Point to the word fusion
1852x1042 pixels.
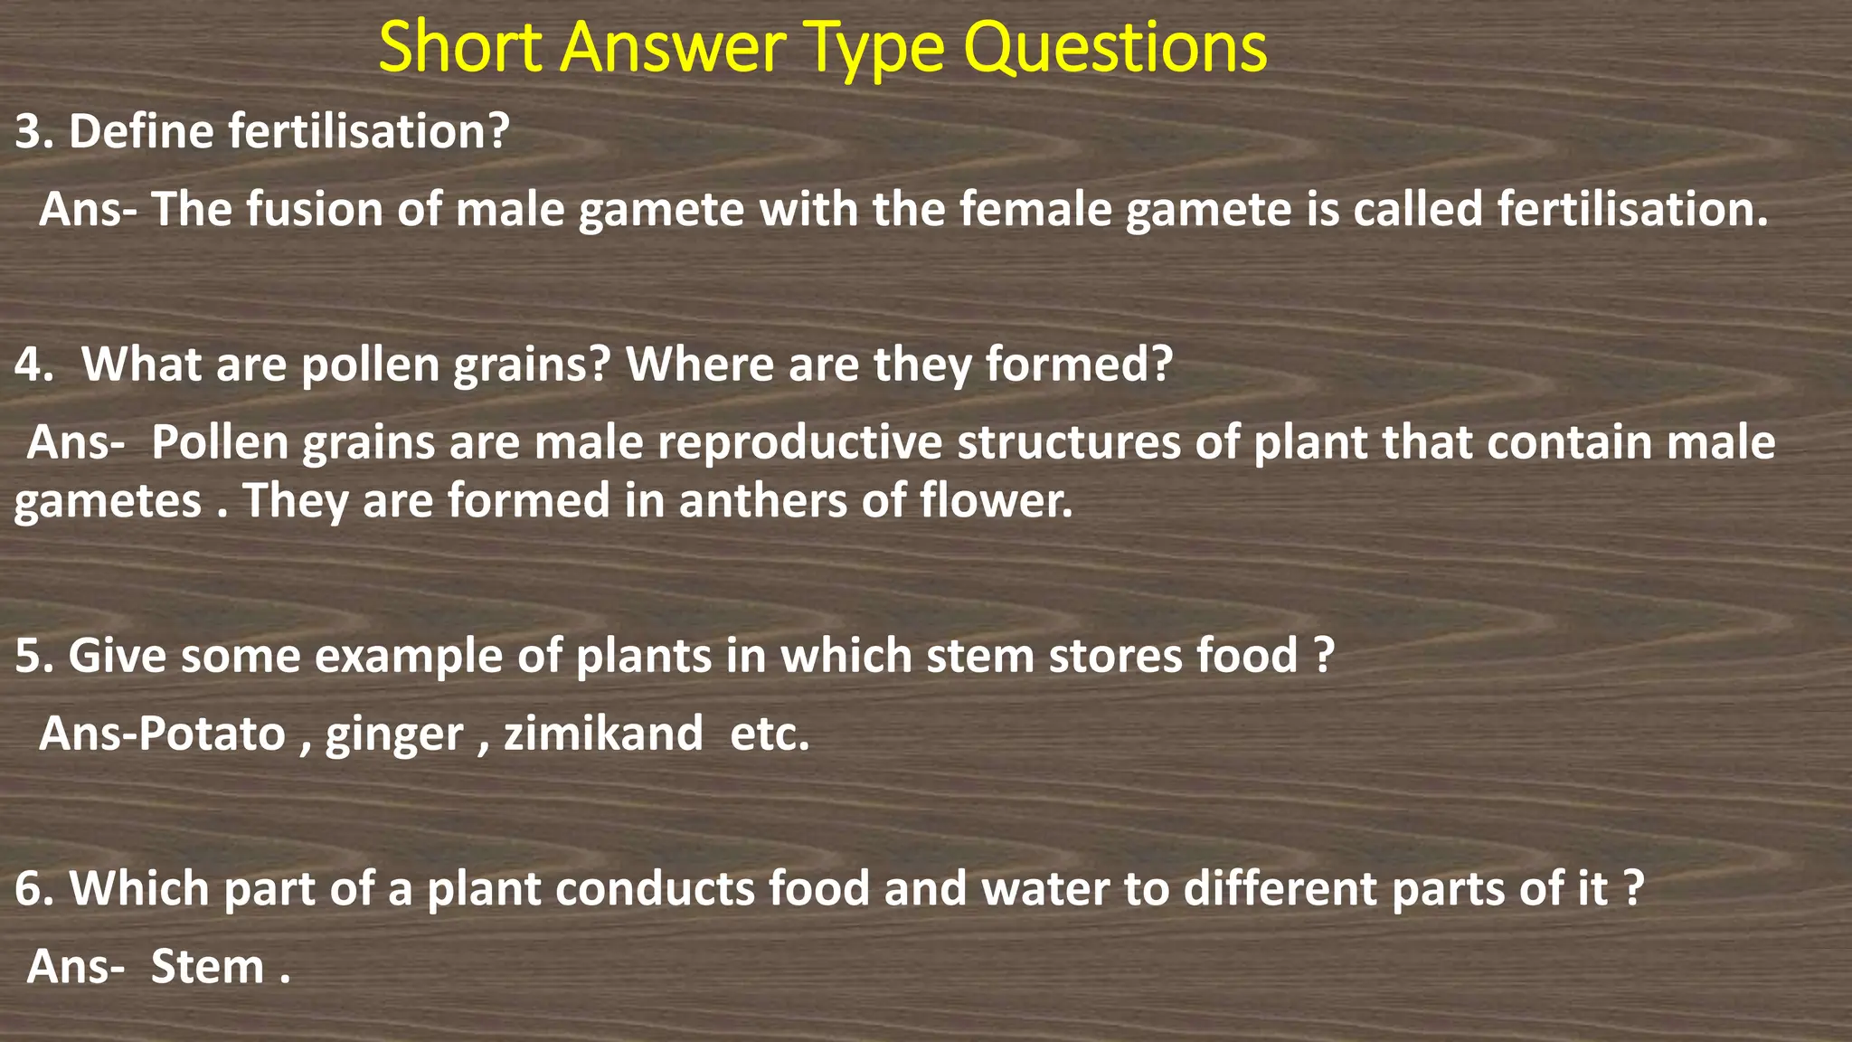[315, 209]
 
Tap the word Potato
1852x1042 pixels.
[212, 734]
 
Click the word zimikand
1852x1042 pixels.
[603, 734]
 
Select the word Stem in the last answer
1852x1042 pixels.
[207, 967]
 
